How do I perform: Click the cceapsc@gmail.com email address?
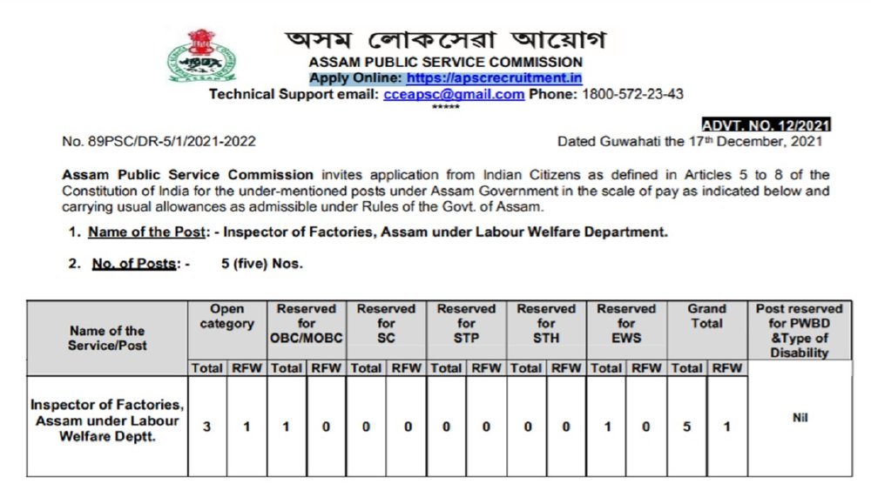tap(454, 94)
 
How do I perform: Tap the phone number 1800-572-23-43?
tap(632, 94)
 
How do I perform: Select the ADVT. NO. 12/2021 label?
tap(766, 125)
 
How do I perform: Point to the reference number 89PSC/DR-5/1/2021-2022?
tap(159, 141)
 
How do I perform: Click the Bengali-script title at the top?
tap(446, 40)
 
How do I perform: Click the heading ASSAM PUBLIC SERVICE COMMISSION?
tap(446, 63)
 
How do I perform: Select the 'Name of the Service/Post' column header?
tap(107, 338)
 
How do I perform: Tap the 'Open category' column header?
tap(227, 316)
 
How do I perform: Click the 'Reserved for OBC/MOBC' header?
tap(307, 323)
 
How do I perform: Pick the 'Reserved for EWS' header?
tap(626, 323)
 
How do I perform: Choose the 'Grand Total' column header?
tap(706, 316)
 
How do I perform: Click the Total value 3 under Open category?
tap(207, 427)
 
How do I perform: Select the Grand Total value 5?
tap(687, 427)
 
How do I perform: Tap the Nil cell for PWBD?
tap(800, 418)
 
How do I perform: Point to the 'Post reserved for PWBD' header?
tap(799, 330)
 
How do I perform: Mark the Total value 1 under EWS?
tap(607, 427)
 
